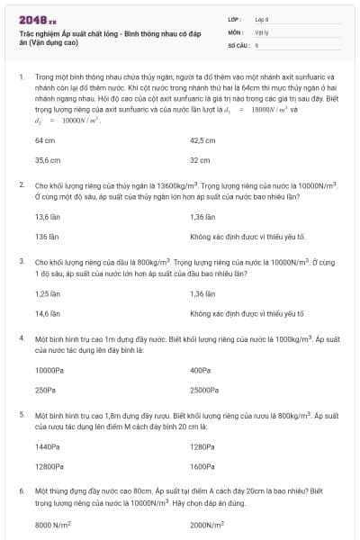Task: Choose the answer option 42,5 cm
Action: [202, 140]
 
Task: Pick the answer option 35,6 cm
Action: [47, 159]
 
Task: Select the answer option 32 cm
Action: [199, 159]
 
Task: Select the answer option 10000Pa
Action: [49, 371]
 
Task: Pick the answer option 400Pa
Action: [200, 371]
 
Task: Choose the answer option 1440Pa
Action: [48, 447]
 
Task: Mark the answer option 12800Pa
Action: [49, 466]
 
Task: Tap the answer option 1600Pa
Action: [202, 466]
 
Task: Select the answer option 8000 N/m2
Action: [53, 524]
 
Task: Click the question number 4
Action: [21, 338]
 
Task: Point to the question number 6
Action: [21, 491]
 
